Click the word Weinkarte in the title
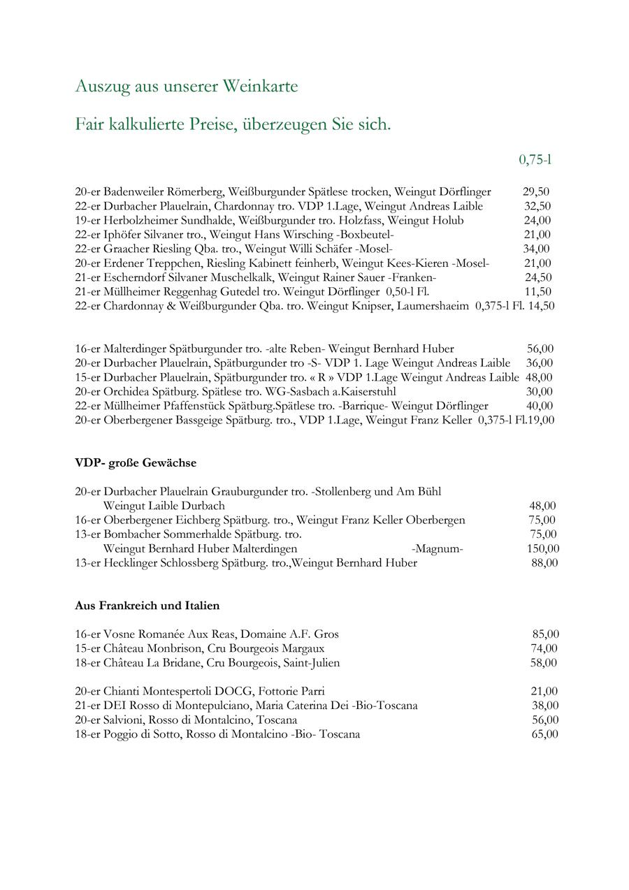[260, 87]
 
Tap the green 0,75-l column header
[535, 160]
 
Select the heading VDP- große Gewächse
[136, 463]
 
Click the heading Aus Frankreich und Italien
[147, 606]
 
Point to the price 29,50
[536, 192]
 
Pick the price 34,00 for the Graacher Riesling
[536, 249]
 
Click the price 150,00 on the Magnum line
[543, 548]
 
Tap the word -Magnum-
[438, 548]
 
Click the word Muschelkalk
[245, 277]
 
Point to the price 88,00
[544, 563]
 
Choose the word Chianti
[124, 692]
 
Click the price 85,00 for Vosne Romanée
[545, 634]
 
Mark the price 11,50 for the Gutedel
[537, 292]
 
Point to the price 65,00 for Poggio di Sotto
[544, 734]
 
